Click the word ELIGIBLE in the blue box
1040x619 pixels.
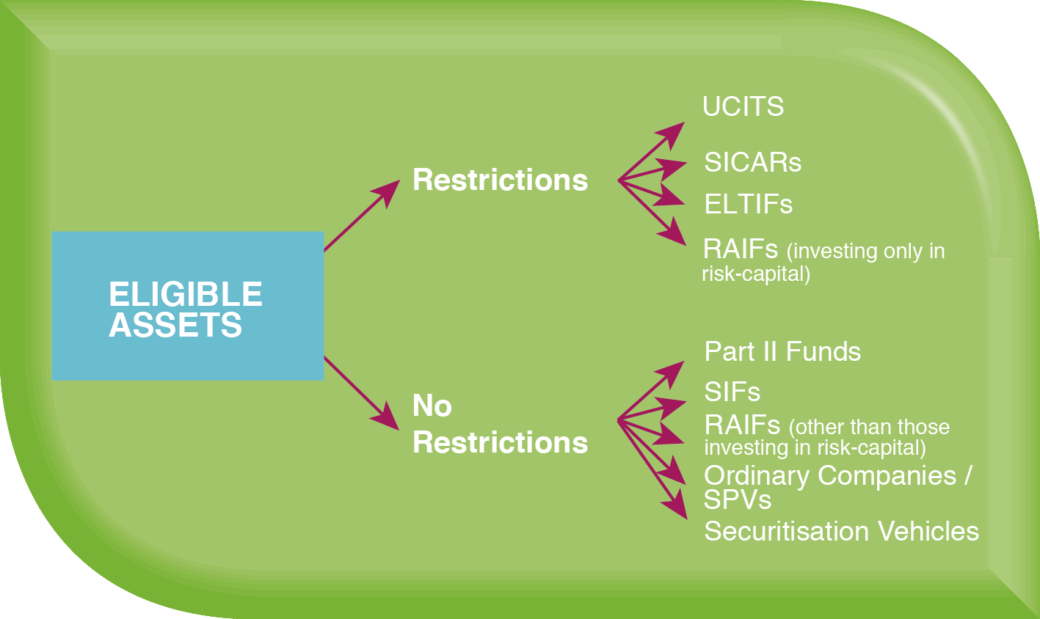click(185, 295)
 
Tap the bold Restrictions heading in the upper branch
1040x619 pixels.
click(500, 180)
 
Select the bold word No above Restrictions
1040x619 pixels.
click(432, 406)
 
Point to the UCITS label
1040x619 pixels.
click(743, 107)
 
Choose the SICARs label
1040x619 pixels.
click(752, 162)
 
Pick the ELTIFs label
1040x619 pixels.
click(748, 204)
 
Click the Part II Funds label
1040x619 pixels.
click(782, 351)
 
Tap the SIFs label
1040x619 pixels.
click(732, 392)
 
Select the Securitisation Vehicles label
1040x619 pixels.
click(841, 531)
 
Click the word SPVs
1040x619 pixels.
click(737, 500)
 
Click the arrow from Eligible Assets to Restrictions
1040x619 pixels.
click(361, 215)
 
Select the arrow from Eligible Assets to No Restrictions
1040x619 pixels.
click(361, 394)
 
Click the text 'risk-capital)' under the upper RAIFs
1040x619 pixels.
click(755, 274)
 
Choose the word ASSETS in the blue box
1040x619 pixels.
click(175, 325)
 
